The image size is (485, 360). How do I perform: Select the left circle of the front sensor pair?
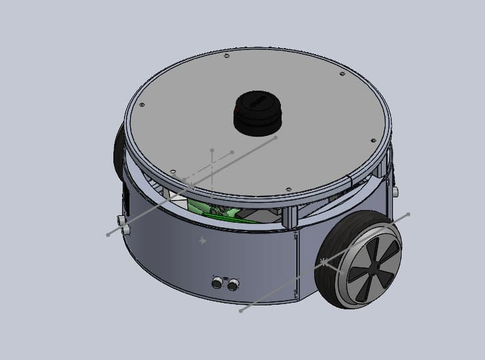[x=217, y=283]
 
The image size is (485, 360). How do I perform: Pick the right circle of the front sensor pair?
[x=233, y=285]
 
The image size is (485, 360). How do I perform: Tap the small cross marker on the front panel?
[x=203, y=240]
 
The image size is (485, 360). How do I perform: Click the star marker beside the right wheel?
[x=324, y=261]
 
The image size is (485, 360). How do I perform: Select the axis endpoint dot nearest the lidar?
[x=276, y=138]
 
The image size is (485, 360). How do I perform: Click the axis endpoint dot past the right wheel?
[x=408, y=214]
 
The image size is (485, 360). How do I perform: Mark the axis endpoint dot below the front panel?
[x=241, y=310]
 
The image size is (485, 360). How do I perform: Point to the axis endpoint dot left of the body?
[x=108, y=235]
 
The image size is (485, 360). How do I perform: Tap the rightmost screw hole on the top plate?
[x=372, y=141]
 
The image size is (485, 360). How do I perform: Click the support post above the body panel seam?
[x=291, y=217]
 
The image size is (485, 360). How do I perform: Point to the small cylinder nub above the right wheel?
[x=394, y=191]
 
